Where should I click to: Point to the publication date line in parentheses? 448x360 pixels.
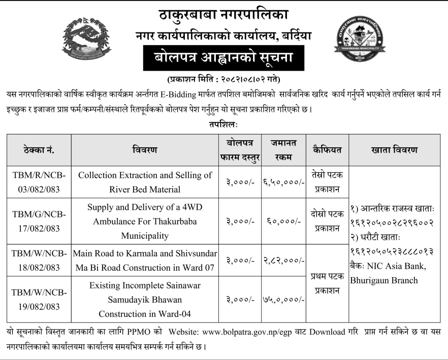[x=223, y=80]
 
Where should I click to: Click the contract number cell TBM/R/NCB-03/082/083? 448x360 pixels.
[x=39, y=182]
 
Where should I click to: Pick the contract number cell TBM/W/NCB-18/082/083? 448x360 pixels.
[x=39, y=259]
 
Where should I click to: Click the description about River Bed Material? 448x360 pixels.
[x=145, y=182]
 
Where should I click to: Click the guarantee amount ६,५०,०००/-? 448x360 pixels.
[x=284, y=182]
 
